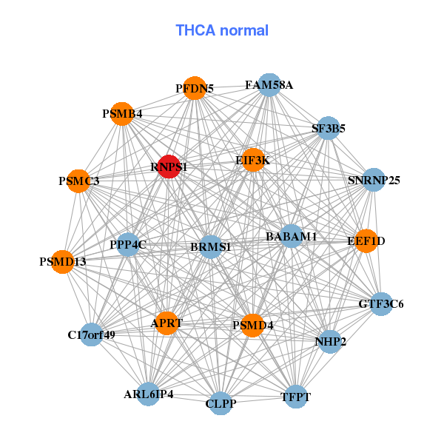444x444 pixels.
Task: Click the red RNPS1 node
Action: pos(169,166)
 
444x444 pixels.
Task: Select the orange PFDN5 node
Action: pos(195,88)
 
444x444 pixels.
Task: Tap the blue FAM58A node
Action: pos(269,85)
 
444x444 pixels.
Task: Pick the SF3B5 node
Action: pos(328,128)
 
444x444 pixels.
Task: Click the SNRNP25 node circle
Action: pos(374,180)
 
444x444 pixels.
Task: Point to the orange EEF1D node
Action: pos(366,241)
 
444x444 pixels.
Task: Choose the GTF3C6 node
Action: pos(381,304)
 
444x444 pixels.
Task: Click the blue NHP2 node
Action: pos(330,341)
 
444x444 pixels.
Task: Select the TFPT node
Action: pos(295,397)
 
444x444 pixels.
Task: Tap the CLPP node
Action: pos(221,403)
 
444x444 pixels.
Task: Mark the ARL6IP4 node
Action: pos(149,394)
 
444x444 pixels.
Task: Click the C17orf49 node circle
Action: pos(92,334)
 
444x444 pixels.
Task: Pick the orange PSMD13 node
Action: pos(63,262)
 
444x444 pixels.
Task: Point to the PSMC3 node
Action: pos(78,181)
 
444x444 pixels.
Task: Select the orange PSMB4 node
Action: pos(122,114)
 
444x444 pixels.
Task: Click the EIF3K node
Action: pos(253,160)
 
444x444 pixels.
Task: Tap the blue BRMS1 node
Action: pos(211,247)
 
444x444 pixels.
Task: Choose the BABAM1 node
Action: pos(291,236)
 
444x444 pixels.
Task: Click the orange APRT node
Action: pos(166,323)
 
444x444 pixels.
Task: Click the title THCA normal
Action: pos(222,30)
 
